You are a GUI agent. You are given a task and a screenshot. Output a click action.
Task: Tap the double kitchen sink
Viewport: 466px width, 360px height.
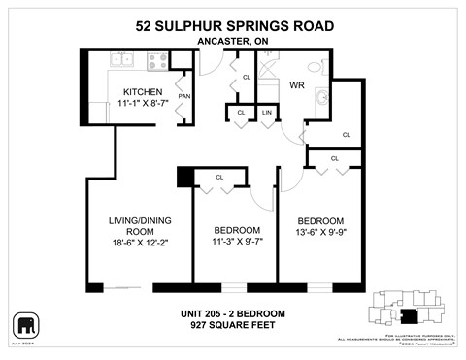coord(122,60)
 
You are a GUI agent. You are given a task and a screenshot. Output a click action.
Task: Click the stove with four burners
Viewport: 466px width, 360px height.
coord(155,60)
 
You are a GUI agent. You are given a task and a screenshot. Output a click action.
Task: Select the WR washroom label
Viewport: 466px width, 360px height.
coord(297,86)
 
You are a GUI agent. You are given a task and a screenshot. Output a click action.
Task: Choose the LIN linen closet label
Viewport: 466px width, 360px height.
coord(267,113)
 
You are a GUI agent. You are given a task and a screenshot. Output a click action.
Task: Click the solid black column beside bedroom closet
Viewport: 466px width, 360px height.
coord(184,178)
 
